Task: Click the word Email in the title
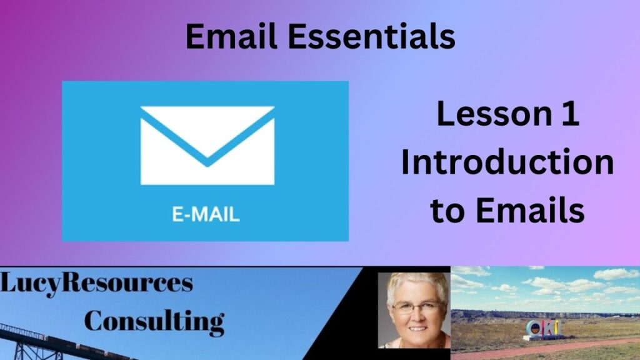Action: [231, 36]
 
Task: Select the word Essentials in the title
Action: [371, 36]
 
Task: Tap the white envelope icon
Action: [207, 145]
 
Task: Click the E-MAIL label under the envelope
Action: [206, 214]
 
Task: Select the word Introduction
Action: [507, 162]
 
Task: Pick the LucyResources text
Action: [96, 283]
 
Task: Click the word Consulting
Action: [154, 322]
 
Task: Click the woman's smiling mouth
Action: [418, 329]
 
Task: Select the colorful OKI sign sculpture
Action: [542, 330]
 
